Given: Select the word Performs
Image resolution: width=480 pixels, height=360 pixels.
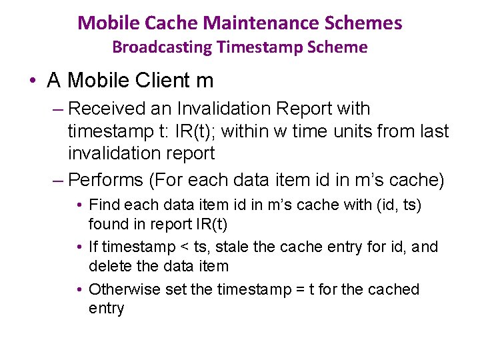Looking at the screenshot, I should [x=106, y=180].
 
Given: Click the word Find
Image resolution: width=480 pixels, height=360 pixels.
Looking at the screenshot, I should [x=103, y=205].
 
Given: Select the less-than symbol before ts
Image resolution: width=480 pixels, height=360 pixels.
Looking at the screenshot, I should [x=185, y=247].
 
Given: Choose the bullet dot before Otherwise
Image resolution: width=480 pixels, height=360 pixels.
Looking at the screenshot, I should [x=79, y=289].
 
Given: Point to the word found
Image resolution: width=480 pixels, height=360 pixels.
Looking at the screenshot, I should [x=107, y=223].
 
